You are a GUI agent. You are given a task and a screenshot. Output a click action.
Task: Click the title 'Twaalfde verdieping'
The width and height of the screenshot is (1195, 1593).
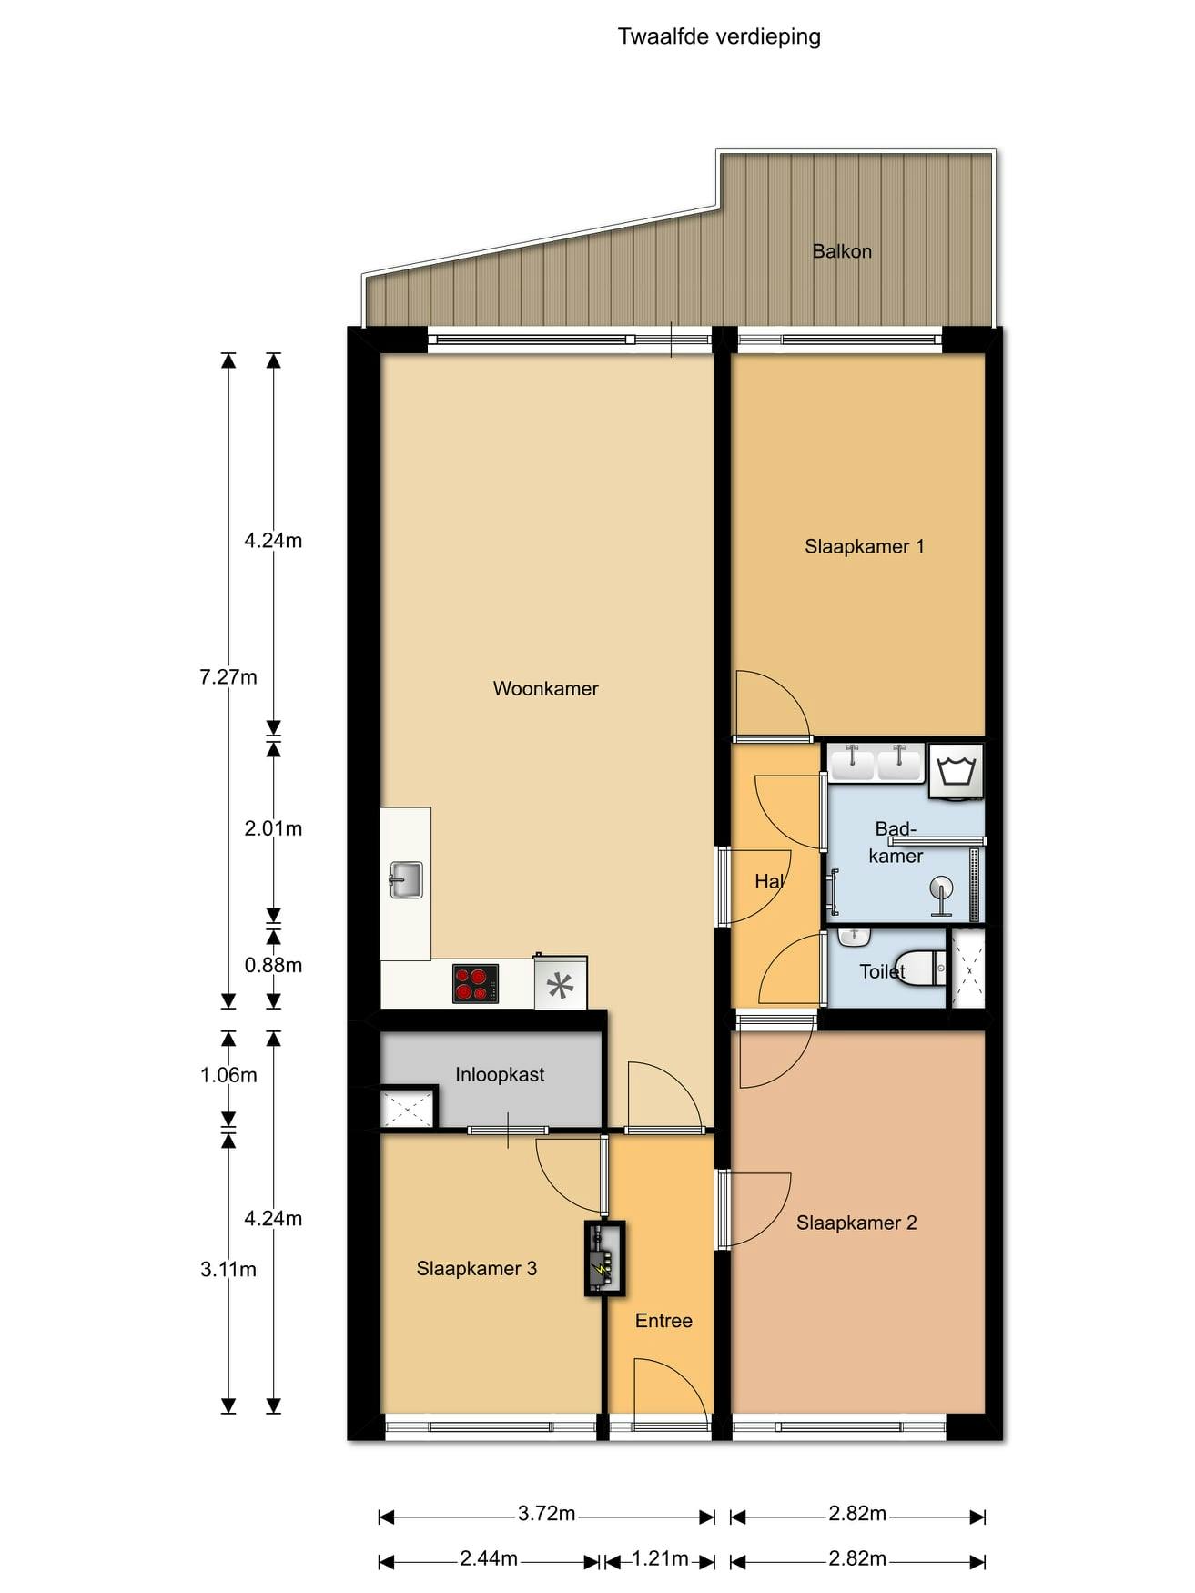pyautogui.click(x=719, y=37)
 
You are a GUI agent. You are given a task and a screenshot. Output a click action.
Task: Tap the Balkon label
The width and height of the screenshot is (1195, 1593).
pyautogui.click(x=842, y=251)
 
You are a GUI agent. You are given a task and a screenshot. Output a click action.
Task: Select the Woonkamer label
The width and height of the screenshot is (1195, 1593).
pyautogui.click(x=546, y=689)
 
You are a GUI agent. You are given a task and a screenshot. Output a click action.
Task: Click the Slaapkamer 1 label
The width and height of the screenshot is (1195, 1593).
pyautogui.click(x=865, y=547)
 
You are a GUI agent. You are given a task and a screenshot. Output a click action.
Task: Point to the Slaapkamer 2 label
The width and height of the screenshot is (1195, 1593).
pyautogui.click(x=856, y=1223)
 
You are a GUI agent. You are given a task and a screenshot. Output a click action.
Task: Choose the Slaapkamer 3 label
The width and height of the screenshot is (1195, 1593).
pyautogui.click(x=477, y=1269)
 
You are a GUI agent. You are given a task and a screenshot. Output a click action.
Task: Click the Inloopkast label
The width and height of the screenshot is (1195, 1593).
pyautogui.click(x=500, y=1075)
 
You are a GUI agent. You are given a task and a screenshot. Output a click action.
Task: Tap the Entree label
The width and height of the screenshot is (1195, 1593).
pyautogui.click(x=663, y=1321)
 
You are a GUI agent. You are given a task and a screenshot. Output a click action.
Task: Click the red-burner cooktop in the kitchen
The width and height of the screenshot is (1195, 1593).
pyautogui.click(x=475, y=983)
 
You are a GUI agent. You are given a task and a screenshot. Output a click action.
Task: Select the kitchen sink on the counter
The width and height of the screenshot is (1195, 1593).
pyautogui.click(x=406, y=879)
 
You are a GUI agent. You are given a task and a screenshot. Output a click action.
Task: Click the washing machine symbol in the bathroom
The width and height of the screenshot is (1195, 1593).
pyautogui.click(x=956, y=772)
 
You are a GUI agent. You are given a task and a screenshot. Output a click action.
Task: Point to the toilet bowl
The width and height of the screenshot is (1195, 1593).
pyautogui.click(x=921, y=968)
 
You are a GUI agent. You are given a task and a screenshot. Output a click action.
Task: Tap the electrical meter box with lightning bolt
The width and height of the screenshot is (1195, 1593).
pyautogui.click(x=605, y=1258)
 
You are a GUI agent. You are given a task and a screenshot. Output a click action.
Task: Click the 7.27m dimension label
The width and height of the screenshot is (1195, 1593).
pyautogui.click(x=228, y=677)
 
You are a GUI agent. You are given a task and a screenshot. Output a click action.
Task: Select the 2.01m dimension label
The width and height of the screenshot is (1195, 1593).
pyautogui.click(x=273, y=829)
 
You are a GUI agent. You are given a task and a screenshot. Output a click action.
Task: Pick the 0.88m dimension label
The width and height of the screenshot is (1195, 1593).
pyautogui.click(x=273, y=966)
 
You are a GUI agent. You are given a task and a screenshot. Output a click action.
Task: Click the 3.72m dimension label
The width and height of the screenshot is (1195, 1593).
pyautogui.click(x=547, y=1514)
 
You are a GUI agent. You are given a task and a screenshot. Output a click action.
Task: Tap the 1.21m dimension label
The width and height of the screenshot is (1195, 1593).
pyautogui.click(x=660, y=1559)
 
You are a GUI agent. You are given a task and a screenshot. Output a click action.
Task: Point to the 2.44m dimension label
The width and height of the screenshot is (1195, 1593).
pyautogui.click(x=489, y=1559)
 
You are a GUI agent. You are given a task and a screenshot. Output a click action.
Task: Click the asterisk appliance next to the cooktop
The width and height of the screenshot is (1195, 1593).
pyautogui.click(x=561, y=983)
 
